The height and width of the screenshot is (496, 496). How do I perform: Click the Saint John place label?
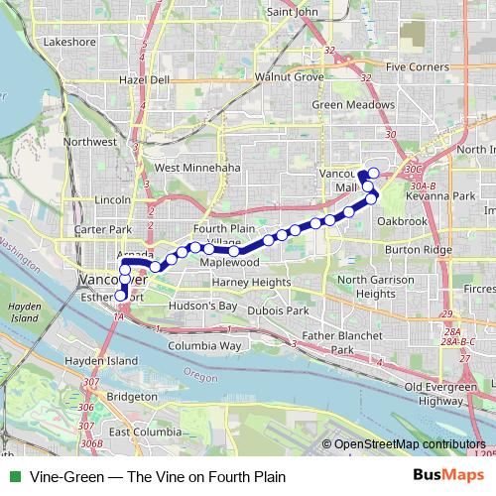(293, 12)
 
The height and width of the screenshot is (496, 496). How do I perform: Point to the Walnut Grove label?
(289, 76)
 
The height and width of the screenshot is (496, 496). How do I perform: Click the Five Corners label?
(419, 67)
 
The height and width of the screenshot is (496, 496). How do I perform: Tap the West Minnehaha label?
(197, 169)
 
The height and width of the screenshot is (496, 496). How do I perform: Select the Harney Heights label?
(251, 283)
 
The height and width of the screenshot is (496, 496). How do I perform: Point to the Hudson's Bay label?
(201, 307)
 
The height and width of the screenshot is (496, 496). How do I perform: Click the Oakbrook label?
(402, 221)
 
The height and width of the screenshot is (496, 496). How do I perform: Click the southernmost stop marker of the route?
(120, 296)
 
